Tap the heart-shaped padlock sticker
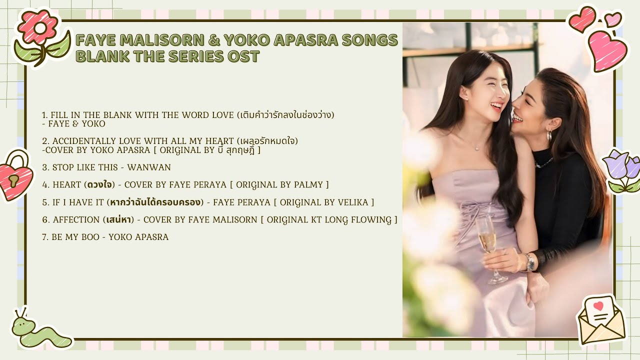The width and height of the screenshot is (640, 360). (x=15, y=176)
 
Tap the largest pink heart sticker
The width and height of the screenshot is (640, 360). (x=607, y=50)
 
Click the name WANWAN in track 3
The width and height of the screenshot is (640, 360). (x=149, y=167)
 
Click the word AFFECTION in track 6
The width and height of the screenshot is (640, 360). (x=76, y=219)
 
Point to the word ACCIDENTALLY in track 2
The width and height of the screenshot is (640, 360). (x=84, y=141)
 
